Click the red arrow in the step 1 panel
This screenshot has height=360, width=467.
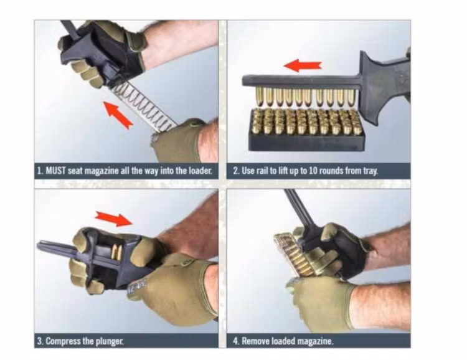click(x=118, y=115)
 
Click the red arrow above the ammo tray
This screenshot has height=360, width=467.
click(x=303, y=65)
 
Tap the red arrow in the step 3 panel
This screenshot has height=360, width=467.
click(x=113, y=218)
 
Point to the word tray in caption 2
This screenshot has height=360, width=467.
click(x=369, y=170)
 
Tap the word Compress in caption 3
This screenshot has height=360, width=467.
click(x=62, y=341)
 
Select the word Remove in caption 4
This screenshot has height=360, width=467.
click(x=255, y=341)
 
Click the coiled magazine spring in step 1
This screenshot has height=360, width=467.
click(x=141, y=103)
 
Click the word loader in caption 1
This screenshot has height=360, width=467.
click(x=200, y=170)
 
